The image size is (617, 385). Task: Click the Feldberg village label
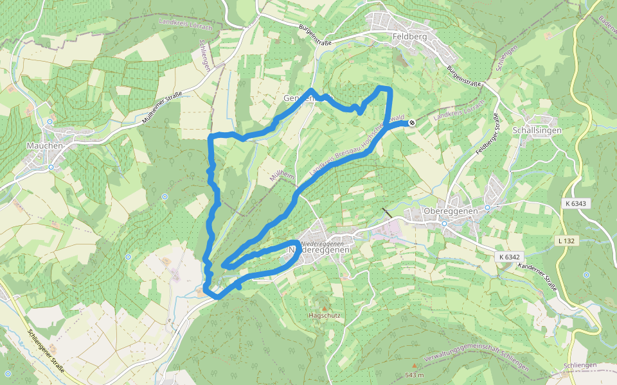[x=409, y=37]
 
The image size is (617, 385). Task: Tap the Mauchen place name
[x=45, y=146]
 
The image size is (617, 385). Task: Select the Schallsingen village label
[x=537, y=130]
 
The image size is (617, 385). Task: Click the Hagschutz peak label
[x=324, y=316]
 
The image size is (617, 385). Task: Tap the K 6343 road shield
[x=576, y=203]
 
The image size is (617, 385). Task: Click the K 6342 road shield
[x=508, y=257]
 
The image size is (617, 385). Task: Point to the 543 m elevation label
[x=415, y=375]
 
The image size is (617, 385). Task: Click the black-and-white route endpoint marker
[x=411, y=123]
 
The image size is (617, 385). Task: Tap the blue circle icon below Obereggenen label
[x=443, y=223]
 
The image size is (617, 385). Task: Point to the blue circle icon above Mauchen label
[x=49, y=121]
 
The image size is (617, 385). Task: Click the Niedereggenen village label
[x=319, y=248]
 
